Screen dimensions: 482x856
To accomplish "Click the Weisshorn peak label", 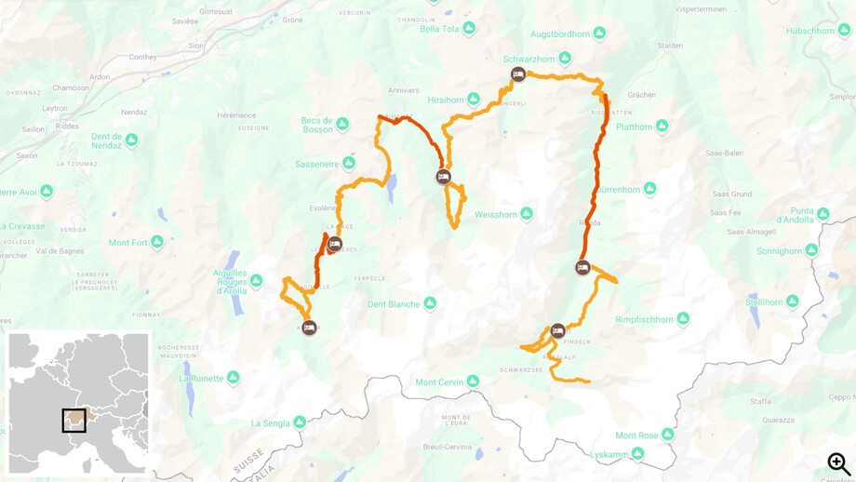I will click(495, 215).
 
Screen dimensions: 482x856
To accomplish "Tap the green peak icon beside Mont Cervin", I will click(473, 382).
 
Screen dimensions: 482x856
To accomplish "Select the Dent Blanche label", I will click(394, 304).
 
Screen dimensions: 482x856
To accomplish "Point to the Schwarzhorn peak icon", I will click(565, 59).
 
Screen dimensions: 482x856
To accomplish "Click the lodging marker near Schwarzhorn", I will click(518, 74).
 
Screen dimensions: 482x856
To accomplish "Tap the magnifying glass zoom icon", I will click(838, 463).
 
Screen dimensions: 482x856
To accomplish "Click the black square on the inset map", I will click(74, 421).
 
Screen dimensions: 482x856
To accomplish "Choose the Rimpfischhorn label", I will click(644, 320).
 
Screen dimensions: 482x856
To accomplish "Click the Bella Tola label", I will click(440, 29).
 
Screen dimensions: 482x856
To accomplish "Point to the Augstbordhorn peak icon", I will click(599, 33).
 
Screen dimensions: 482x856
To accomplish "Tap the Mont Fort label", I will click(128, 243).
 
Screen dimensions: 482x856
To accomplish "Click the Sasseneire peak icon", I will click(349, 164).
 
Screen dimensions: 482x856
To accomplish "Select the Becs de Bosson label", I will click(317, 124).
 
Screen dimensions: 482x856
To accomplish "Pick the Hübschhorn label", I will click(810, 31).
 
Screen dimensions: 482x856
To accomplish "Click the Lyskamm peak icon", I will click(637, 454).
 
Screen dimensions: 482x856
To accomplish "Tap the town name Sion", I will click(196, 45).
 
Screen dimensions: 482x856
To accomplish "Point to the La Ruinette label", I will click(202, 379).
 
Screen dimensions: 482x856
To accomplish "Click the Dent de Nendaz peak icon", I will click(131, 141).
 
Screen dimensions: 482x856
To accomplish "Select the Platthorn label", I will click(634, 127).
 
